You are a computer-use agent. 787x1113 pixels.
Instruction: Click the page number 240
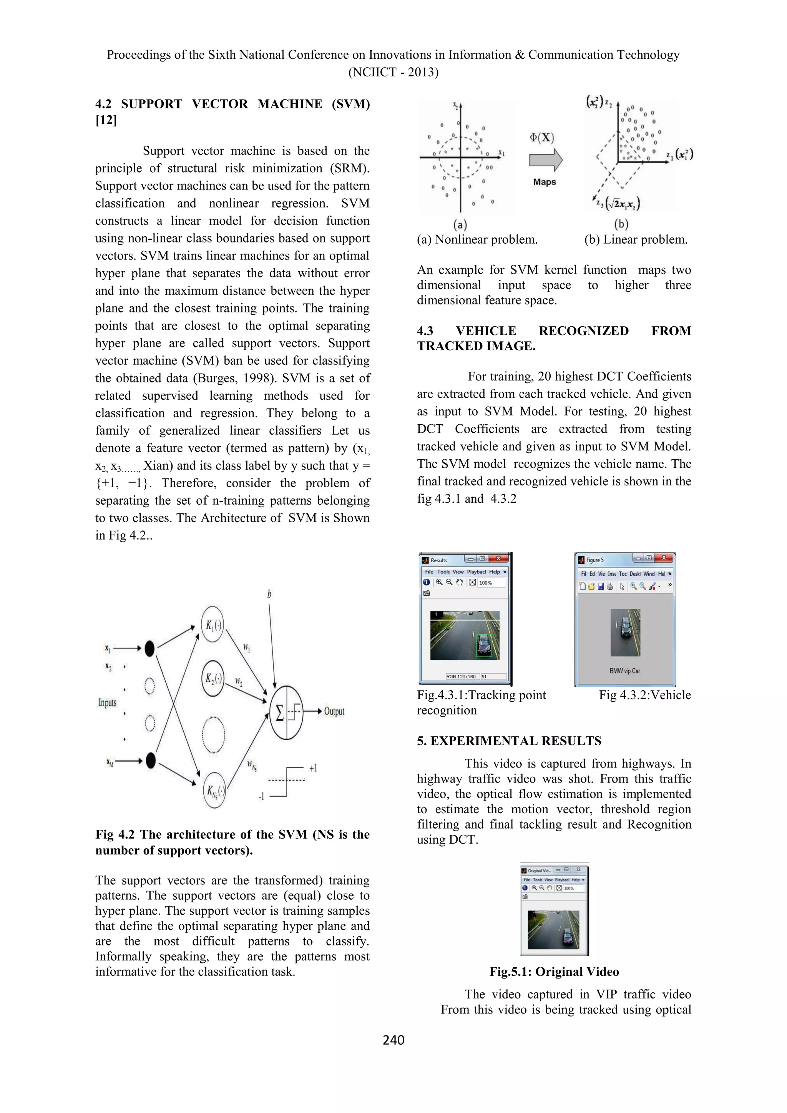[393, 1040]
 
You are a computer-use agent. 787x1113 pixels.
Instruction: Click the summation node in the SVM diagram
[286, 712]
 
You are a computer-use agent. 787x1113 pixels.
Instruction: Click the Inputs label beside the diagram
[108, 703]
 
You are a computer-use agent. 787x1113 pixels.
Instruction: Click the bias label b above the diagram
[269, 594]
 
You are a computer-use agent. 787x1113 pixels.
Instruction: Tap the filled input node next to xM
[150, 761]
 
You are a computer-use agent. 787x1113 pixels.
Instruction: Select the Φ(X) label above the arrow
[541, 137]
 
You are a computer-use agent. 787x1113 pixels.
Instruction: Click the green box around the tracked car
[484, 646]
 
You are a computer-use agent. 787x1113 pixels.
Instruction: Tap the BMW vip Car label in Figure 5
[625, 671]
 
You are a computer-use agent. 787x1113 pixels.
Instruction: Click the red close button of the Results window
[498, 559]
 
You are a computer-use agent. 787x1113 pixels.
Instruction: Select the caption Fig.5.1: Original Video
[554, 972]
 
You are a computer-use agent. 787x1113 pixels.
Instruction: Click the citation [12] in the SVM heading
[106, 120]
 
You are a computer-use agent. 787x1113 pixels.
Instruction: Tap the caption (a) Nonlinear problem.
[477, 239]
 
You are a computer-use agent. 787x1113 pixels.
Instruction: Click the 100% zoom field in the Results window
[486, 583]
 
